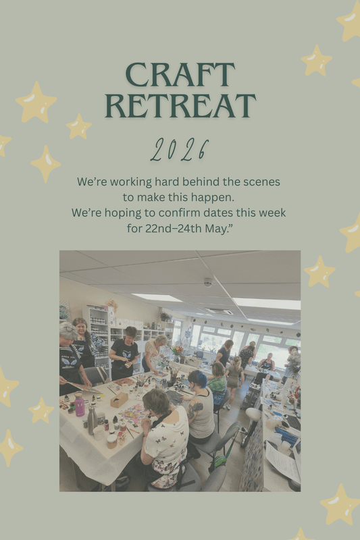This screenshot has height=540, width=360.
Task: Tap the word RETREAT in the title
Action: click(x=180, y=106)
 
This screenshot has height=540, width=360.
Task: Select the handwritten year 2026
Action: click(x=180, y=150)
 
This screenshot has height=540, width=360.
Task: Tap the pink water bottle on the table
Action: click(x=80, y=405)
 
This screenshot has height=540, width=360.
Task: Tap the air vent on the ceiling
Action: click(x=220, y=311)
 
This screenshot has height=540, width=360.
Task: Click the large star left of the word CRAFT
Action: click(x=36, y=103)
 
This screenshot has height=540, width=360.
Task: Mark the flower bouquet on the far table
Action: click(x=178, y=350)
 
